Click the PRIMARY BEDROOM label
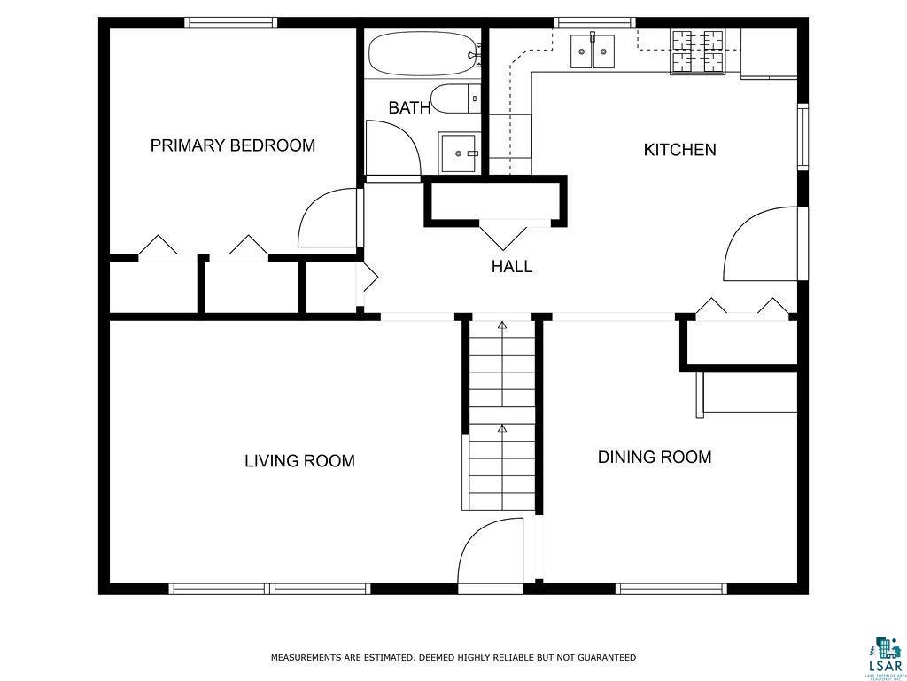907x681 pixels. point(232,145)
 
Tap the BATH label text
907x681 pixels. point(409,108)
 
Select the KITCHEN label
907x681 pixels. point(679,150)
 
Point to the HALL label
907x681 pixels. point(512,266)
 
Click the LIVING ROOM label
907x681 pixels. point(299,461)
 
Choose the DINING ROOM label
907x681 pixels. point(655,458)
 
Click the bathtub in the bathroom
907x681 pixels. point(422,55)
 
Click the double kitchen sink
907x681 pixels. point(593,51)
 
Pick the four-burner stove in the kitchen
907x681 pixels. point(697,51)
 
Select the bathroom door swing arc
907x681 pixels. point(391,149)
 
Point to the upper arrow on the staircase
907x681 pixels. point(502,327)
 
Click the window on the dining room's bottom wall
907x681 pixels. point(671,588)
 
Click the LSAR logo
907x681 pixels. point(884,655)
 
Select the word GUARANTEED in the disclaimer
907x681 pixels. point(606,658)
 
